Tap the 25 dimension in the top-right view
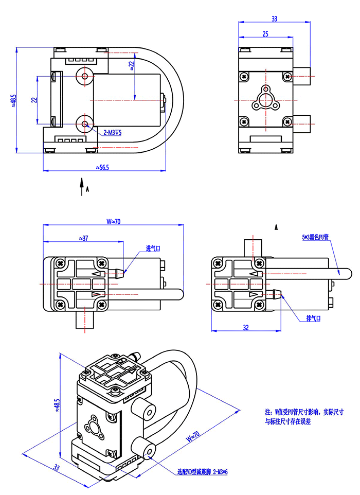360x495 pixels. coord(265,34)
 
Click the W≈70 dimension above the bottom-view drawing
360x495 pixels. coord(113,222)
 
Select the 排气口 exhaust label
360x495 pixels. coord(313,319)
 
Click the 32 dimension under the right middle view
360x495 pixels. coord(245,327)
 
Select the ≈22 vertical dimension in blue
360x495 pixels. coord(132,66)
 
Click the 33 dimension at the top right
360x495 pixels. coord(274,19)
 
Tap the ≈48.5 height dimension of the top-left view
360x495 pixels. coord(14,101)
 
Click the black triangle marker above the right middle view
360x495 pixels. coord(277,226)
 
